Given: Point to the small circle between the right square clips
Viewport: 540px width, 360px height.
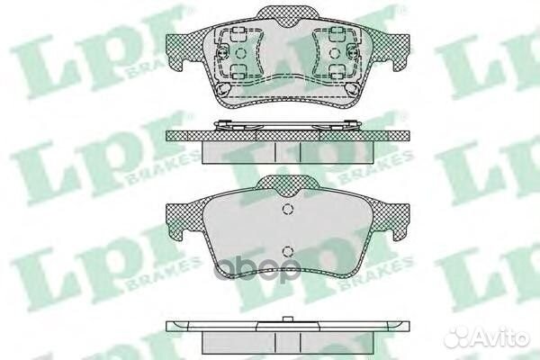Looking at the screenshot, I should tap(338, 56).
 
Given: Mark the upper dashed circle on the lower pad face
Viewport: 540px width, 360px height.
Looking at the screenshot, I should tap(287, 211).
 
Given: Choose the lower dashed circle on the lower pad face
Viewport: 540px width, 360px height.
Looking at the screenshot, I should tap(287, 252).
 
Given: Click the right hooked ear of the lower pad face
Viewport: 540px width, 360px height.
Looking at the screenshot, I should tap(396, 238).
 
